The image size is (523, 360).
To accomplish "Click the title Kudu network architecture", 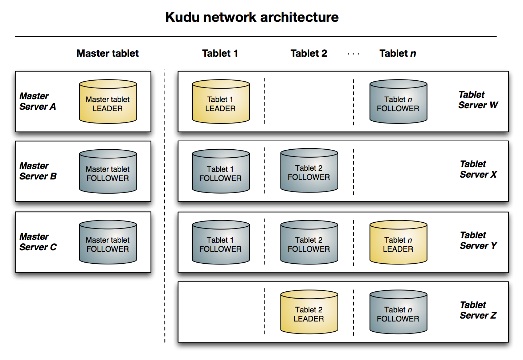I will pyautogui.click(x=252, y=17).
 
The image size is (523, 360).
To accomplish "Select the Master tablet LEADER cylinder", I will pyautogui.click(x=108, y=102).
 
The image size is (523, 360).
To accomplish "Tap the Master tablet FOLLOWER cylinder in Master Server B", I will pyautogui.click(x=108, y=172).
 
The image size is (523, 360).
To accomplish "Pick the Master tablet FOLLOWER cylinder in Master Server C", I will pyautogui.click(x=108, y=243).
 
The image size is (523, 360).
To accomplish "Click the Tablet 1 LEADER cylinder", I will pyautogui.click(x=221, y=102).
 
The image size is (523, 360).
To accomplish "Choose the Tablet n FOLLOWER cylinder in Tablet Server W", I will pyautogui.click(x=398, y=102).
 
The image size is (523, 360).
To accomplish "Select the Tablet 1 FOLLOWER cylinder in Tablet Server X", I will pyautogui.click(x=221, y=172).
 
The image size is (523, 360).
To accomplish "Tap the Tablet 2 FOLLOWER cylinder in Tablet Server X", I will pyautogui.click(x=309, y=171).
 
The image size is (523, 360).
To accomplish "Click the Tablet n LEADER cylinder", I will pyautogui.click(x=398, y=243).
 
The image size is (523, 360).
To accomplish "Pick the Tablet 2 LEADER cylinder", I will pyautogui.click(x=309, y=312).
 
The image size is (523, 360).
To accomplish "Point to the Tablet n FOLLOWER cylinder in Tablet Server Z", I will pyautogui.click(x=398, y=312).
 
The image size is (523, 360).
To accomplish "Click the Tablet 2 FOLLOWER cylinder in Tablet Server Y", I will pyautogui.click(x=309, y=243).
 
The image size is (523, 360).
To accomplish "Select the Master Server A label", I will pyautogui.click(x=38, y=101).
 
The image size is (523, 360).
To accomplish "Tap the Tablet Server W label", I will pyautogui.click(x=478, y=100).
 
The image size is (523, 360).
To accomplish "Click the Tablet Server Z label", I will pyautogui.click(x=478, y=310).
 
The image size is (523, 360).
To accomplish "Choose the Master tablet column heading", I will pyautogui.click(x=107, y=53).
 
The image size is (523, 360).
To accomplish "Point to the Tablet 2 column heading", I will pyautogui.click(x=309, y=53).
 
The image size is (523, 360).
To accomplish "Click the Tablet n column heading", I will pyautogui.click(x=397, y=53).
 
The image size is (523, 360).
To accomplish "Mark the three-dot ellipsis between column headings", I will pyautogui.click(x=353, y=54).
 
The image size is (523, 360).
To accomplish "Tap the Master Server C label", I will pyautogui.click(x=38, y=242).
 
